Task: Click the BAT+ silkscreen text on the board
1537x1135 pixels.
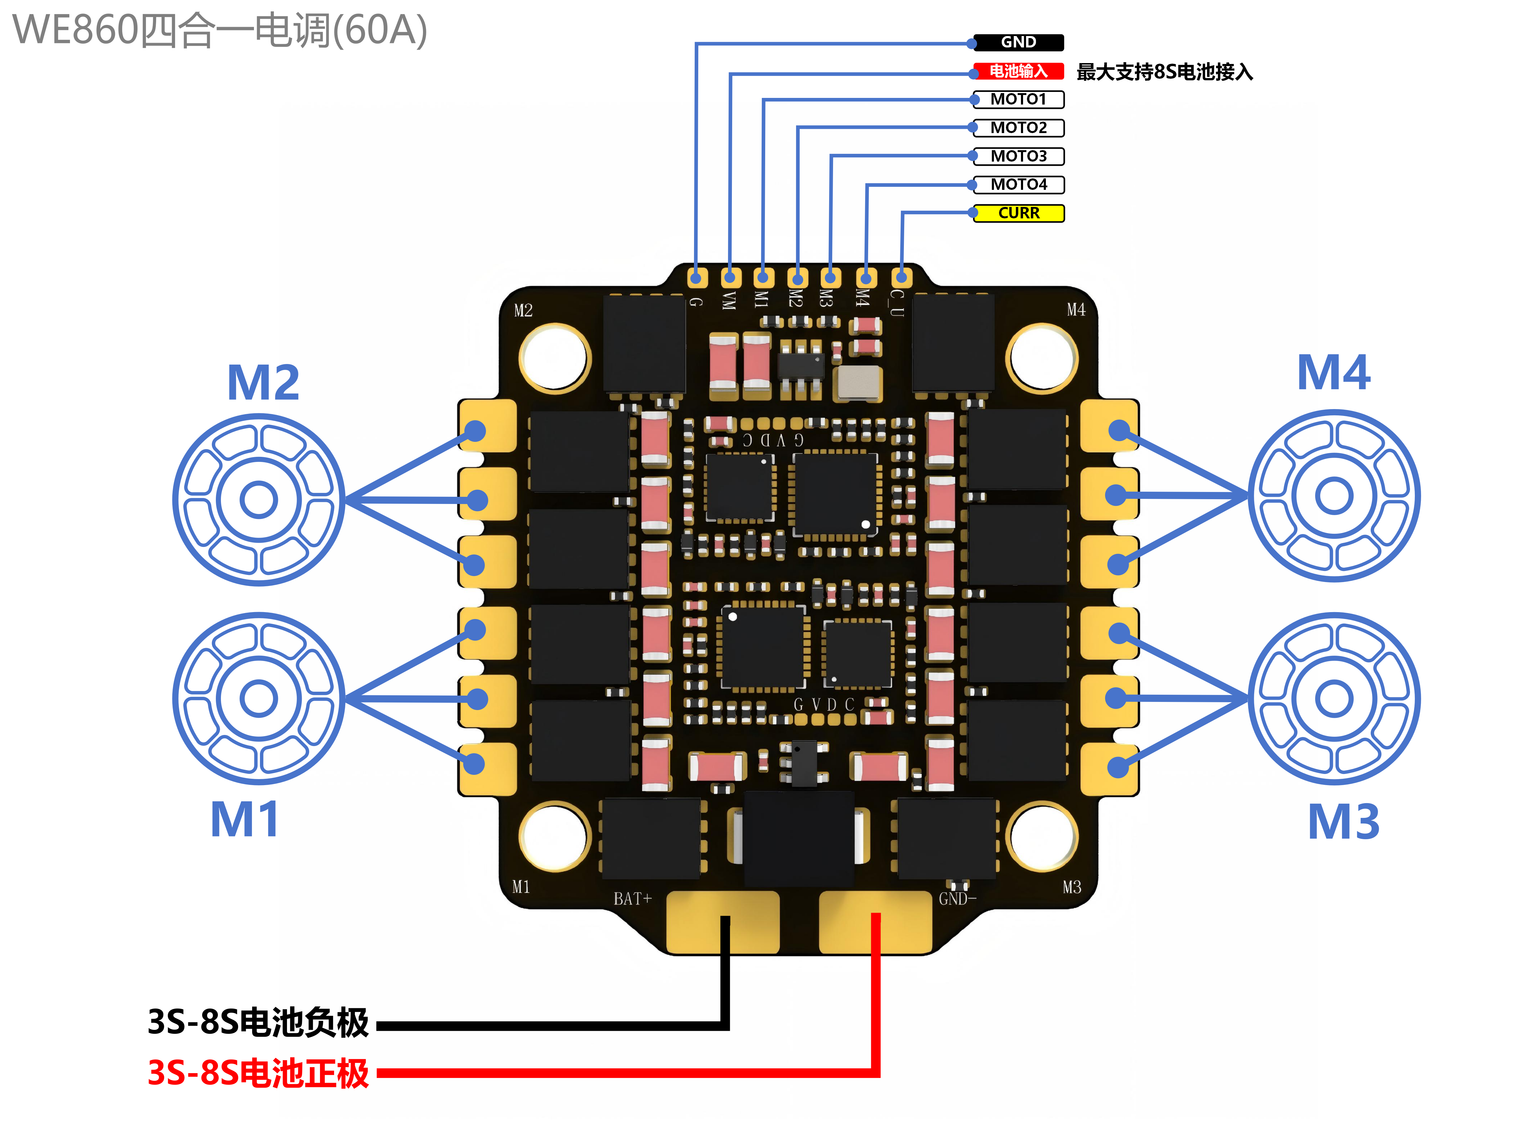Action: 632,899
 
